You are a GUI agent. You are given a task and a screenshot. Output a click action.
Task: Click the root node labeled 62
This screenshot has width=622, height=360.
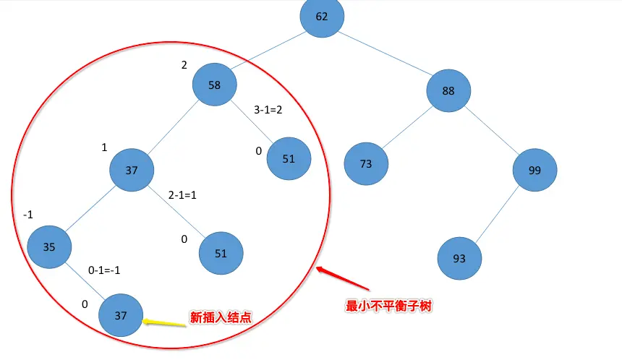point(322,16)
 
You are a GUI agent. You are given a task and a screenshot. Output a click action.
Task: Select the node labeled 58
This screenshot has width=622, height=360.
point(215,85)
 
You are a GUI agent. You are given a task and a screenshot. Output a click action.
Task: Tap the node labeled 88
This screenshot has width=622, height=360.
point(448,90)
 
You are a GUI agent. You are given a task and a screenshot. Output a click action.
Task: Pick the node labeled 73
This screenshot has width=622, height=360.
point(366,164)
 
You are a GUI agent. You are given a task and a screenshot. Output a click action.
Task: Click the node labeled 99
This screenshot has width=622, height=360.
point(535,170)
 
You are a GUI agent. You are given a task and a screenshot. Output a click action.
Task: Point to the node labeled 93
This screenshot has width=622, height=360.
point(459,257)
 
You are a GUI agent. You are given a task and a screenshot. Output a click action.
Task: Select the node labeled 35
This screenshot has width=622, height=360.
point(49,247)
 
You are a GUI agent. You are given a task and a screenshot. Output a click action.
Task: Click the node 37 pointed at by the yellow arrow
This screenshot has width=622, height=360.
point(121,315)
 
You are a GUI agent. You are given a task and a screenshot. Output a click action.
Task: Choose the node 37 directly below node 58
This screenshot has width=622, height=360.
point(132,171)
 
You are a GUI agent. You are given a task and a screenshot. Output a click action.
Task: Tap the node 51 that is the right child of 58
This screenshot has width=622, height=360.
point(289,159)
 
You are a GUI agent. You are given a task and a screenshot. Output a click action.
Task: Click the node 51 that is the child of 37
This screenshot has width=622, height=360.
point(221,254)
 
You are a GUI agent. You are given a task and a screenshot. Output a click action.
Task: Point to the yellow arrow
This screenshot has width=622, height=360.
point(163,321)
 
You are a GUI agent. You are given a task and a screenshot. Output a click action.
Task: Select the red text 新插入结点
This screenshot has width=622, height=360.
point(218,317)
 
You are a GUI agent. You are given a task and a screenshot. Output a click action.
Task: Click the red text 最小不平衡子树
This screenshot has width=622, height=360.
point(389,306)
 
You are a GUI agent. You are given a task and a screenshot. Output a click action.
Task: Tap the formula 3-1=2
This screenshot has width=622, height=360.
point(268,111)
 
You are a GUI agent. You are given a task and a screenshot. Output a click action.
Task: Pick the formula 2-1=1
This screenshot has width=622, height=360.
point(183,196)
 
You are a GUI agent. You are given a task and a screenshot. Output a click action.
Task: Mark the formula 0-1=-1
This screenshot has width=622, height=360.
point(104,270)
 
